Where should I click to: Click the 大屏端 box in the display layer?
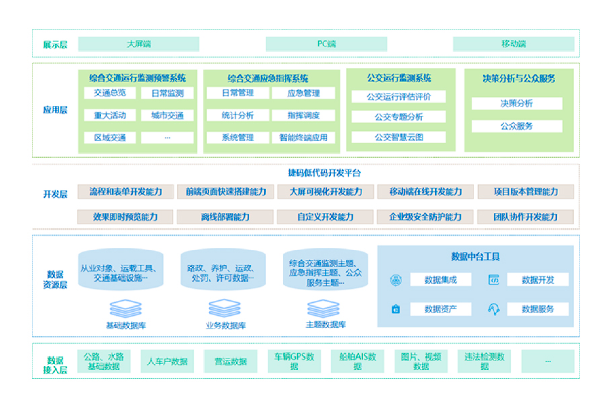[x=139, y=44]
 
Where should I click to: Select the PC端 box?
[x=326, y=44]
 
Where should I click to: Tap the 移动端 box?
[x=514, y=44]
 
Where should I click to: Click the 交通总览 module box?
[x=110, y=93]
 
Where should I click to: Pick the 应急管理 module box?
[x=303, y=93]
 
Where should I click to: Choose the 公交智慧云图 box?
[x=399, y=137]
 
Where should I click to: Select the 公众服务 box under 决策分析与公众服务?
[x=517, y=126]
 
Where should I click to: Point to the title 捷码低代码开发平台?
[x=324, y=173]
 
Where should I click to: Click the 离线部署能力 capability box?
[x=225, y=217]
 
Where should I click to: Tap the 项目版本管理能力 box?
[x=526, y=192]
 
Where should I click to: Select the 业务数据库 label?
[x=225, y=325]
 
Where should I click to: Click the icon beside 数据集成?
[x=396, y=280]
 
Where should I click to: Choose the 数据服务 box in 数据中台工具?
[x=538, y=309]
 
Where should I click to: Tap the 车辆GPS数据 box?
[x=295, y=361]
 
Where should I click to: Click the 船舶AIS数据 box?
[x=358, y=361]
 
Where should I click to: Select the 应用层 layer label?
[x=55, y=110]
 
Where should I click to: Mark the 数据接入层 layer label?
[x=55, y=365]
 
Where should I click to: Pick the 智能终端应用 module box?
[x=303, y=137]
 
